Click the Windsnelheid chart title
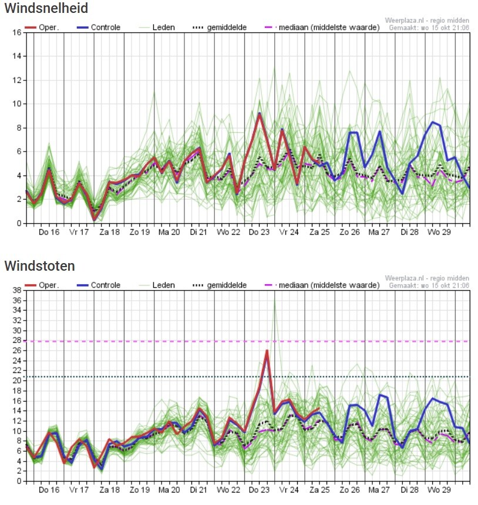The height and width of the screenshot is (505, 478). point(46,8)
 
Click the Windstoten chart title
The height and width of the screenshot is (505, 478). point(39,266)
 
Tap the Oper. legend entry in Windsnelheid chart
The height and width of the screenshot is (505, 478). point(42,28)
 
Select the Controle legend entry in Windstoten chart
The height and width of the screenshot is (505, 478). point(98,285)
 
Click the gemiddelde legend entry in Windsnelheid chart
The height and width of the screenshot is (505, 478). point(220,28)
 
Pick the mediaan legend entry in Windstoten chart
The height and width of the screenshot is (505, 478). point(322,285)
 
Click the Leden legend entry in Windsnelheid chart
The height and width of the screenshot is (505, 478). point(157,28)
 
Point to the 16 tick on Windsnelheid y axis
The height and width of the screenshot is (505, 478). point(17,32)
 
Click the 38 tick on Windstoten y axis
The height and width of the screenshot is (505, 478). point(17,290)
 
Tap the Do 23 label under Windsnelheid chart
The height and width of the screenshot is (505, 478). point(258,232)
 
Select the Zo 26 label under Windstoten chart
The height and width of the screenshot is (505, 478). point(349,490)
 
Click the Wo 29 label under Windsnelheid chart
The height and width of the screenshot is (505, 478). point(439,232)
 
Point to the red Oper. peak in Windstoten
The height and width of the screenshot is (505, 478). point(267,351)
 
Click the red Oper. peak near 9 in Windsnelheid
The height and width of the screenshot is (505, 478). point(260,114)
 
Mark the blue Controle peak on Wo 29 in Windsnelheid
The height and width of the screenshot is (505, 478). point(433,122)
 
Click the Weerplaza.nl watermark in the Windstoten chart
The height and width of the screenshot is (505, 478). point(427,278)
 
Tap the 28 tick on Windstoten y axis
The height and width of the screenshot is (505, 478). point(17,341)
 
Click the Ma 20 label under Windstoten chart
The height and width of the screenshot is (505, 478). point(169,490)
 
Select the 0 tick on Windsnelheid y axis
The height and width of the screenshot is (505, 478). point(19,223)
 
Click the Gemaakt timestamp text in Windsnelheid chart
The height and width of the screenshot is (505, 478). point(429,28)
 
